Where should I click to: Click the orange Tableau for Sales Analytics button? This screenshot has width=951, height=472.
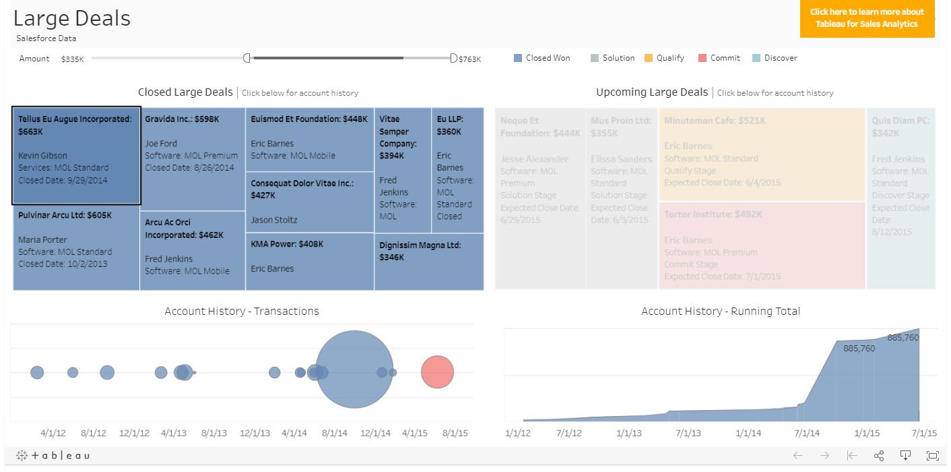tap(867, 18)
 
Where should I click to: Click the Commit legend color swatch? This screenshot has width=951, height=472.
tap(702, 58)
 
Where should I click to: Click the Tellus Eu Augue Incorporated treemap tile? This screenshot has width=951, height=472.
tap(76, 155)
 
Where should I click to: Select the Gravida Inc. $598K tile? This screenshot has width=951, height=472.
tap(193, 158)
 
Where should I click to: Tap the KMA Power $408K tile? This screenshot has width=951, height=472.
tap(309, 262)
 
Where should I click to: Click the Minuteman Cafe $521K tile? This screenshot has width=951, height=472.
tap(761, 154)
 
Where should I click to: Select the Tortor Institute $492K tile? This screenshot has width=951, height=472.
tap(761, 245)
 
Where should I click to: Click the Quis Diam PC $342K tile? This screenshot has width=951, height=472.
tap(900, 199)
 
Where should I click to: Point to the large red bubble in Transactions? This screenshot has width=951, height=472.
tap(438, 372)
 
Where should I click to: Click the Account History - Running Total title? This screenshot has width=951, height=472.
tap(720, 311)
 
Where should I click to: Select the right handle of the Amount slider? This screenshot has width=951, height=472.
tap(453, 58)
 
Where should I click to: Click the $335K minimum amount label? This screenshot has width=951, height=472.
tap(72, 59)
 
